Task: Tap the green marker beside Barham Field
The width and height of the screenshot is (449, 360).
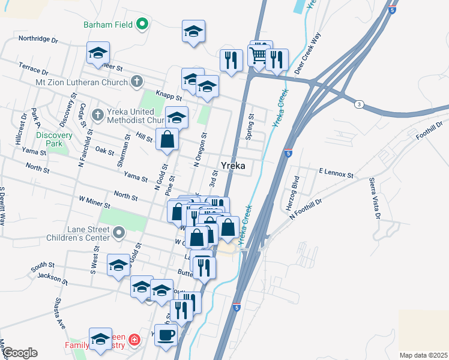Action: [142, 25]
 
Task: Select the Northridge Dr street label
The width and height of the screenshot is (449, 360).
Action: [38, 39]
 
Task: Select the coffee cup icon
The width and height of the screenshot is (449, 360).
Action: [166, 335]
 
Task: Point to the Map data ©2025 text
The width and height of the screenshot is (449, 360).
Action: [423, 355]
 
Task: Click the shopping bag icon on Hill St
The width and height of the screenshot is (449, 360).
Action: [167, 140]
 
